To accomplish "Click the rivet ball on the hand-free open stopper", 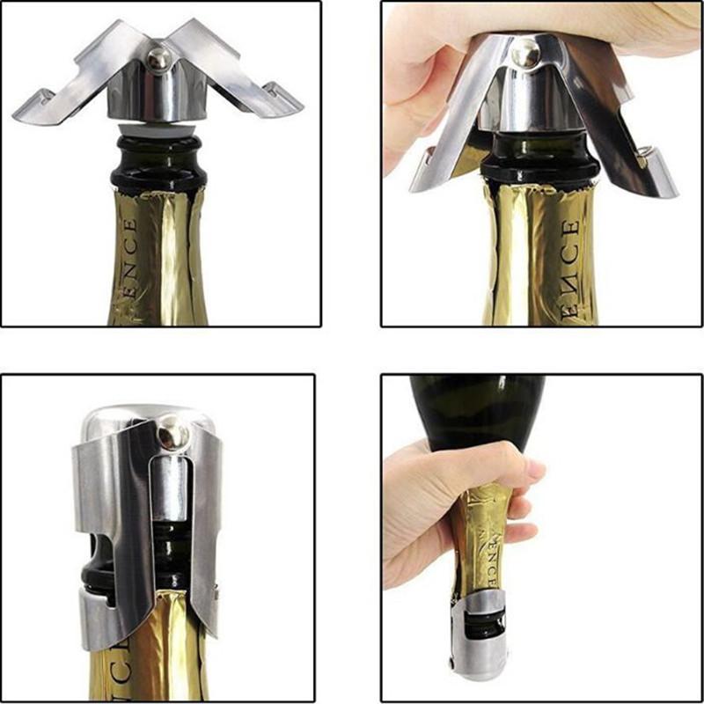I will coord(159,58).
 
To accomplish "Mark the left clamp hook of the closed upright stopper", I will coord(97,607).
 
